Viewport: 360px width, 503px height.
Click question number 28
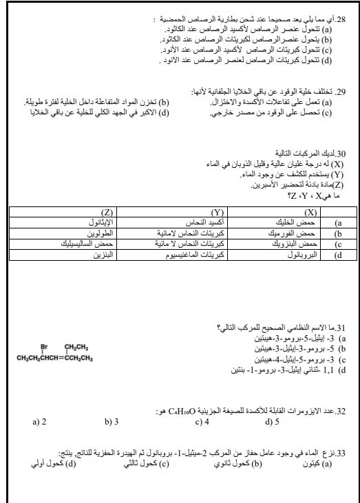[341, 21]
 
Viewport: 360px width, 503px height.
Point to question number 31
[342, 328]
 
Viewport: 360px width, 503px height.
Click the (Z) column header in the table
[107, 213]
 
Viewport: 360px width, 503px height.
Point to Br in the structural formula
[43, 346]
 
